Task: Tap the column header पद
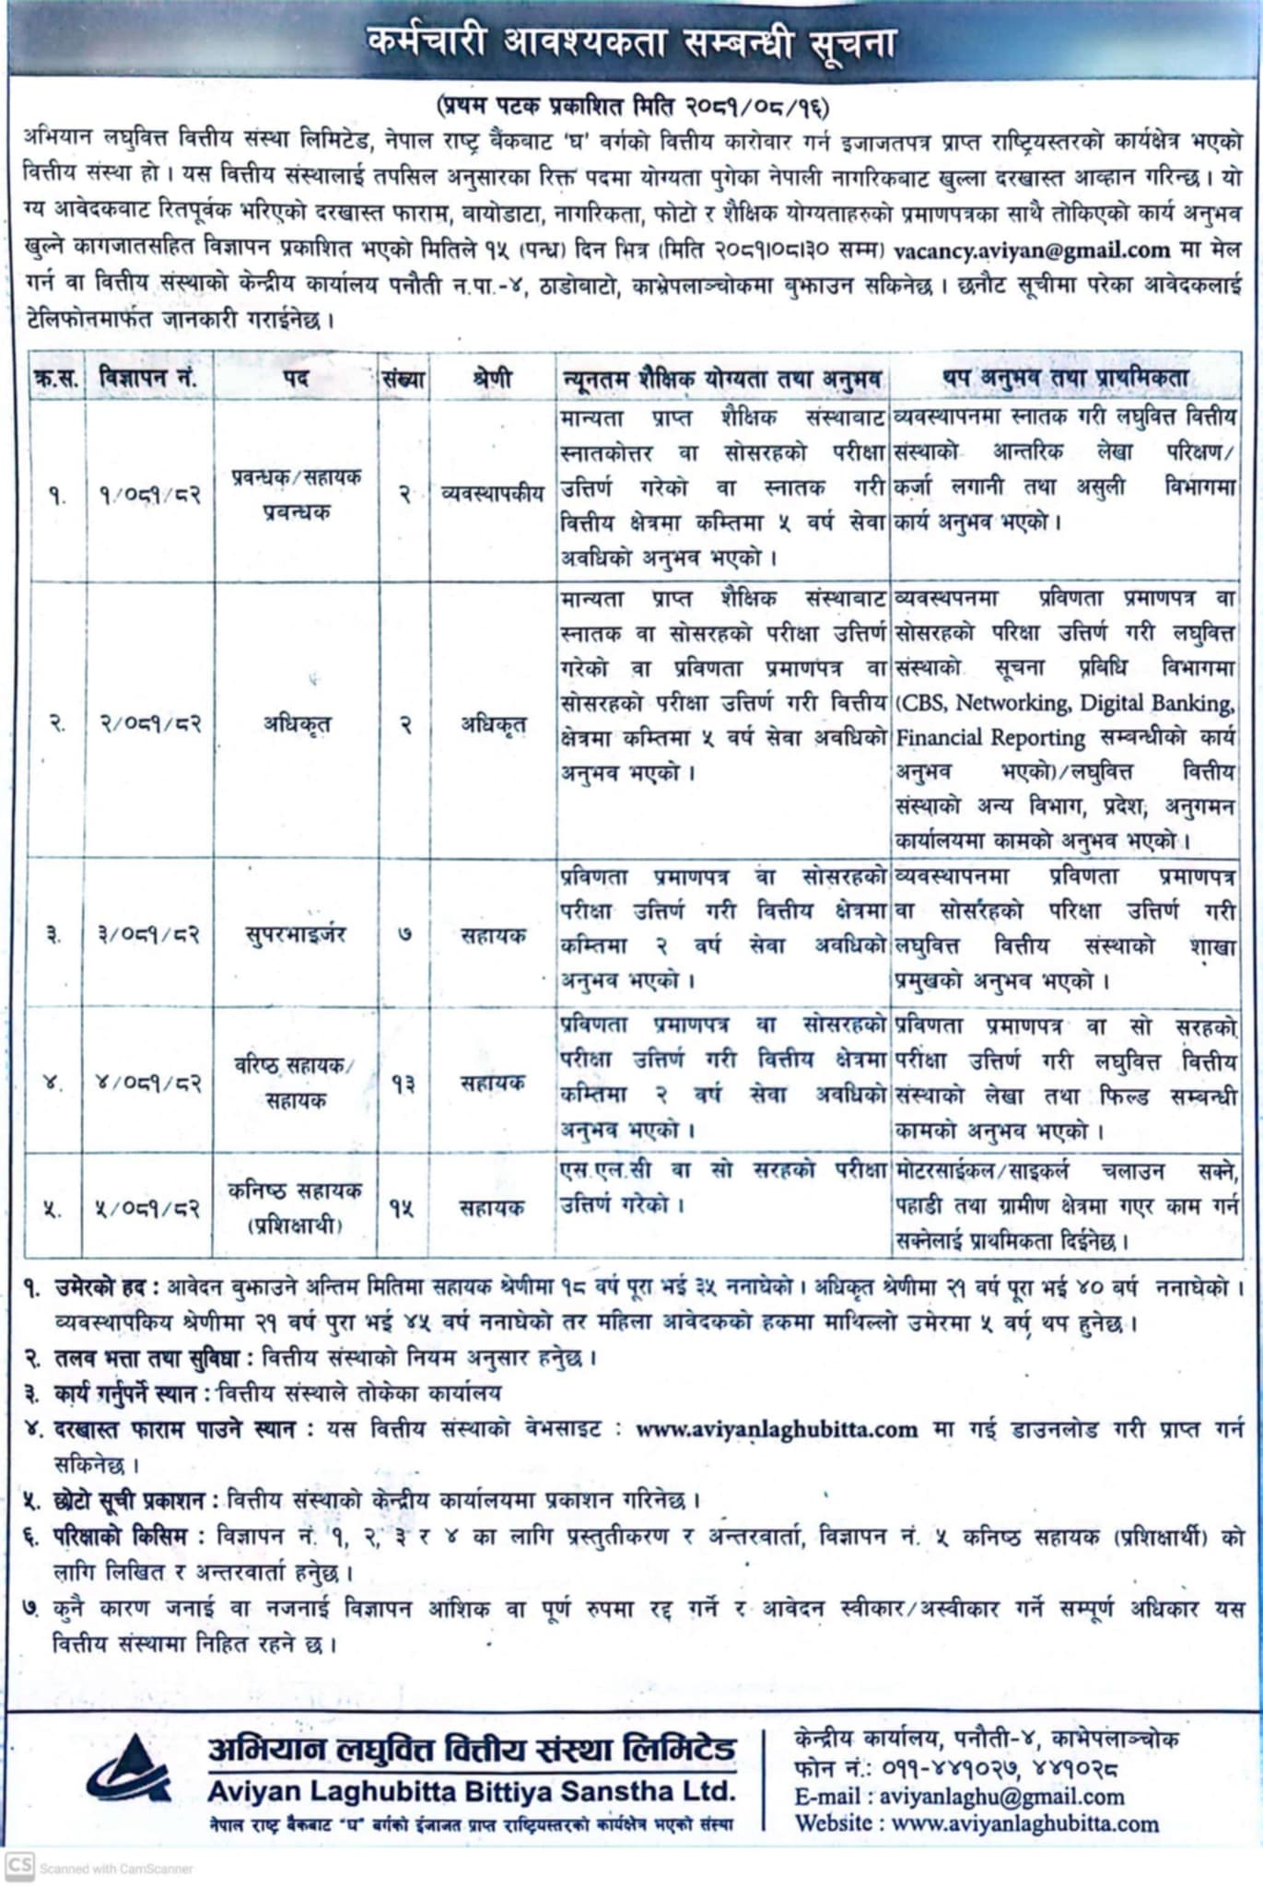pos(295,378)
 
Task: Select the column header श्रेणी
pos(492,378)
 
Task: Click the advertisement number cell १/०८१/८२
pos(149,494)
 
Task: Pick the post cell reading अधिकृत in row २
pos(295,724)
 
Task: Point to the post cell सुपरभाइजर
pos(295,935)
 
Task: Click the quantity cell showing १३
pos(403,1084)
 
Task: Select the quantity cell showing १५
pos(402,1208)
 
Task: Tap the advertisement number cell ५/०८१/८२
pos(149,1208)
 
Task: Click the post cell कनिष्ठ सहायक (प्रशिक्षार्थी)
pos(295,1208)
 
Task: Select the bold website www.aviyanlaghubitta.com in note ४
pos(777,1430)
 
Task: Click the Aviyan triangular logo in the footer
pos(129,1770)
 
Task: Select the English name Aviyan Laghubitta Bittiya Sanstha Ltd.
pos(471,1791)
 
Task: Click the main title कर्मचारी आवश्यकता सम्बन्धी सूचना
pos(631,42)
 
